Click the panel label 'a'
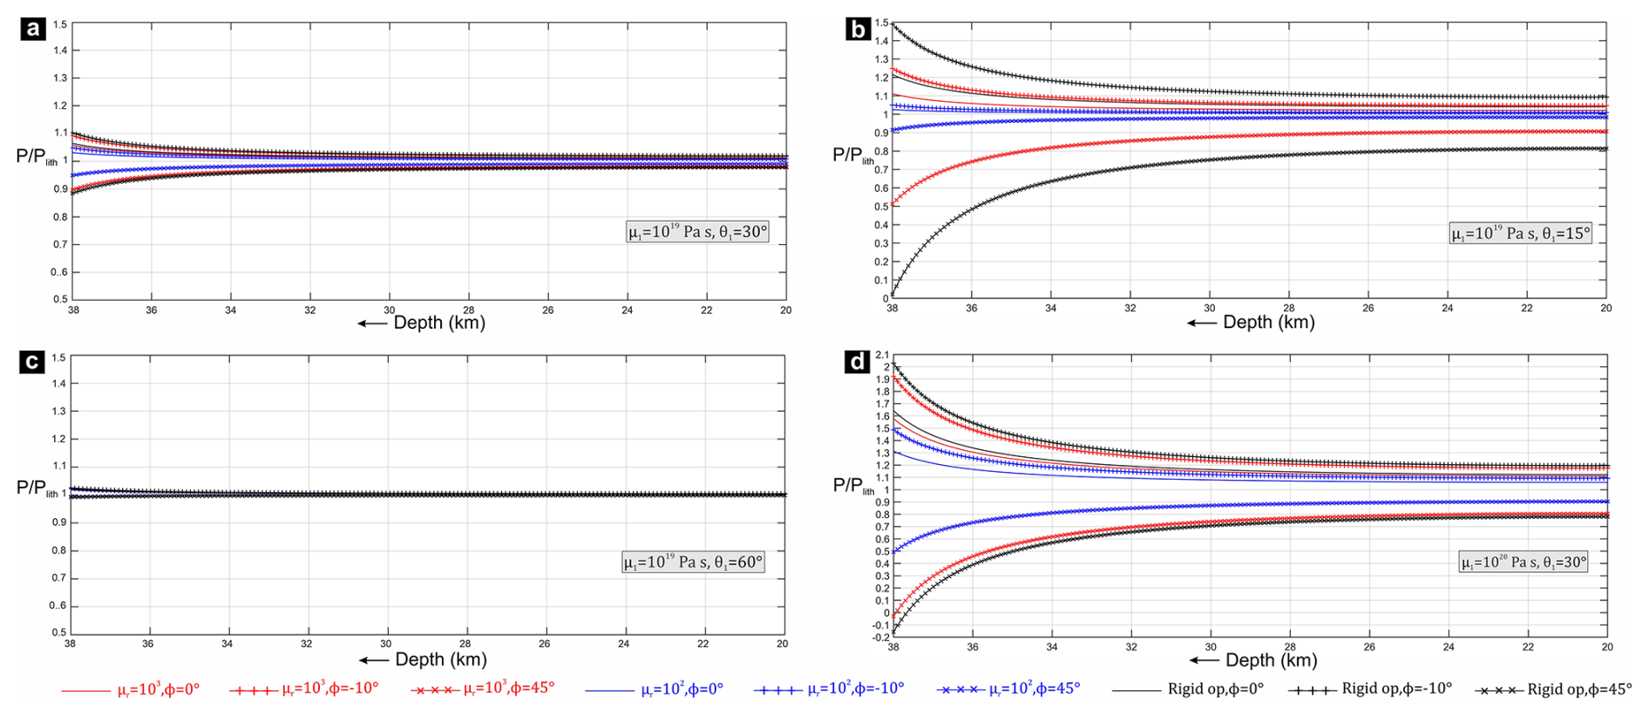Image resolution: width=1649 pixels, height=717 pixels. [33, 30]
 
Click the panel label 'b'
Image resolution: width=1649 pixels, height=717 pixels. [858, 30]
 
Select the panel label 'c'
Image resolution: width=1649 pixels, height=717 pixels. [32, 362]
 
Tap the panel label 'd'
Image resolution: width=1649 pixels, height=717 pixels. [858, 362]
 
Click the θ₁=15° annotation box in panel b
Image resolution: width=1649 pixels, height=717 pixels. [1520, 234]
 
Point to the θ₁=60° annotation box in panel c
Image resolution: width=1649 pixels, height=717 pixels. [693, 563]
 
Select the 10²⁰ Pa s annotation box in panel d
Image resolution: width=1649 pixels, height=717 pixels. [1523, 563]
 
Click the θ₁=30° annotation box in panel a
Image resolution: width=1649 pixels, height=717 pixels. [697, 232]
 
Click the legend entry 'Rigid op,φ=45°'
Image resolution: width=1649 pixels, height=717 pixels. [1553, 689]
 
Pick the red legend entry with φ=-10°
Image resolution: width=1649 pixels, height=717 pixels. [304, 689]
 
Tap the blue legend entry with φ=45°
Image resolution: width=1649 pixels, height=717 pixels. [1008, 689]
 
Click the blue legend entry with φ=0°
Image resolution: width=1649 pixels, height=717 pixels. [655, 689]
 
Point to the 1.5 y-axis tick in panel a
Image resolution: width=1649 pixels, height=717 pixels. [59, 24]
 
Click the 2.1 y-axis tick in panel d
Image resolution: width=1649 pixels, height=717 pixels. [882, 355]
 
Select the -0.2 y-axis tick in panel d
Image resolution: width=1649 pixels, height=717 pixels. [880, 638]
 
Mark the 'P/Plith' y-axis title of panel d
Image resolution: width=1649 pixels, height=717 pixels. [853, 486]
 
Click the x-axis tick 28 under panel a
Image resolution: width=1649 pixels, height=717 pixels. [469, 311]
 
